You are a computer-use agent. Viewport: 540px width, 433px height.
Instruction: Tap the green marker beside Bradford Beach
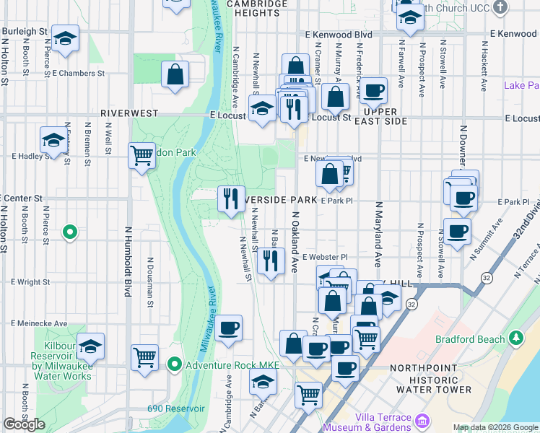516,338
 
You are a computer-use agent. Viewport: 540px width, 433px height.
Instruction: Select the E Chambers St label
79,73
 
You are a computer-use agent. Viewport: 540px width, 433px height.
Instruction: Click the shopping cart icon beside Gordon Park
141,155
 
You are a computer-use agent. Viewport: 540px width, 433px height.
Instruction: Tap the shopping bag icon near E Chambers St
175,74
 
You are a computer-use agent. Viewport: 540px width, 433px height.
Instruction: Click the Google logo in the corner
24,424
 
